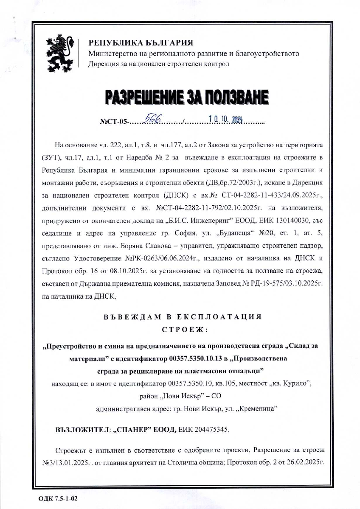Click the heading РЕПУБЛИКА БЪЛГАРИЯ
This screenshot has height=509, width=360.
[x=141, y=43]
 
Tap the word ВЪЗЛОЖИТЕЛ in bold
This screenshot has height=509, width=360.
[x=84, y=429]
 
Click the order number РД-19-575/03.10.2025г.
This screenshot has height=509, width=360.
[x=281, y=283]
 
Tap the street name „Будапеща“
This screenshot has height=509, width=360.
[x=236, y=234]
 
